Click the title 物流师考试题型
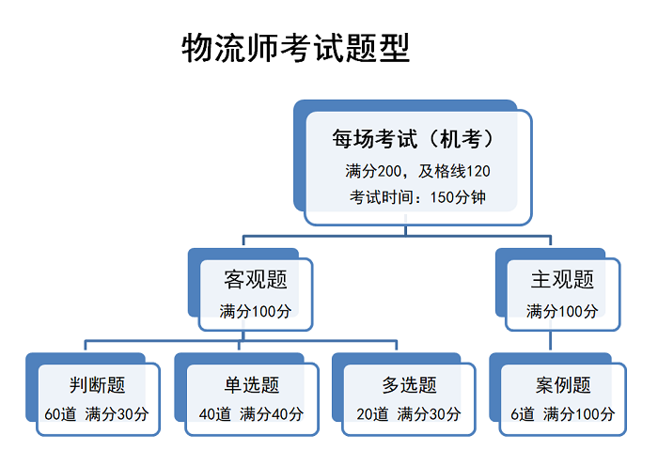point(295,48)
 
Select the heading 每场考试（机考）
point(413,139)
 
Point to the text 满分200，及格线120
point(417,171)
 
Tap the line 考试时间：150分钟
point(417,196)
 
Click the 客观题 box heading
point(256,279)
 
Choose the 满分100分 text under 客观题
point(255,311)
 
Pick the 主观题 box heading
point(562,279)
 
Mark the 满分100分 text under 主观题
point(562,311)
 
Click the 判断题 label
point(98,384)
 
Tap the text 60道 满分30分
point(97,414)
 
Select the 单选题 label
point(252,384)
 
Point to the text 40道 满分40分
point(251,414)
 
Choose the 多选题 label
point(409,384)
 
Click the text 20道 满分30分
point(409,414)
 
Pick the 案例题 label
point(563,384)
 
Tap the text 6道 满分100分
point(563,414)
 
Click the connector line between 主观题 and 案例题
point(550,340)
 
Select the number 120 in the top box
point(478,171)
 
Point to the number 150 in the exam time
point(442,197)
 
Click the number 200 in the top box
point(389,171)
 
